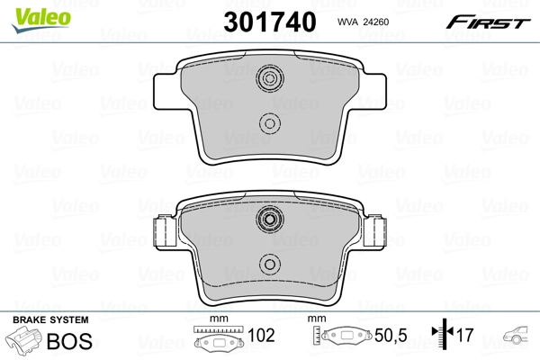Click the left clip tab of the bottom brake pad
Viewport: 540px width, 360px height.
click(165, 234)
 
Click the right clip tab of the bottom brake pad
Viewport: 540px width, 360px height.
click(373, 234)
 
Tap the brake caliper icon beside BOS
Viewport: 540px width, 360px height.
click(24, 342)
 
